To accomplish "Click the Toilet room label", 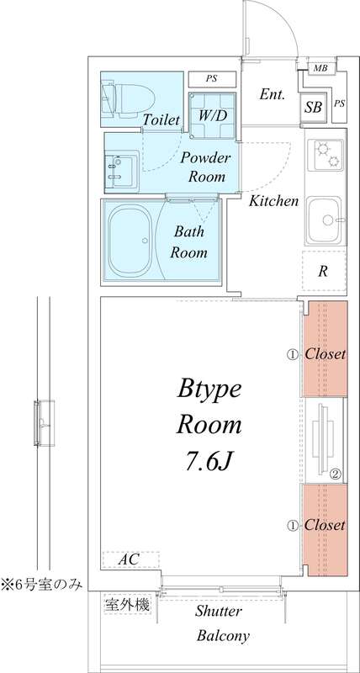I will pos(161,121).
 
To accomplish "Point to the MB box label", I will pos(320,68).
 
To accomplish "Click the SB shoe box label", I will pos(313,107).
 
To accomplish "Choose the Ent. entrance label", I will pos(273,94).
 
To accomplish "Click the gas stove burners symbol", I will pos(325,154).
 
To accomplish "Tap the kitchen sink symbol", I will pos(325,219).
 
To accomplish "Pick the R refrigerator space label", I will pos(322,271).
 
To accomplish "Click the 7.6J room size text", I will pos(209,460).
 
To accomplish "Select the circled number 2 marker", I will pos(334,474).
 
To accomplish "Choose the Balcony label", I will pos(222,636).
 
